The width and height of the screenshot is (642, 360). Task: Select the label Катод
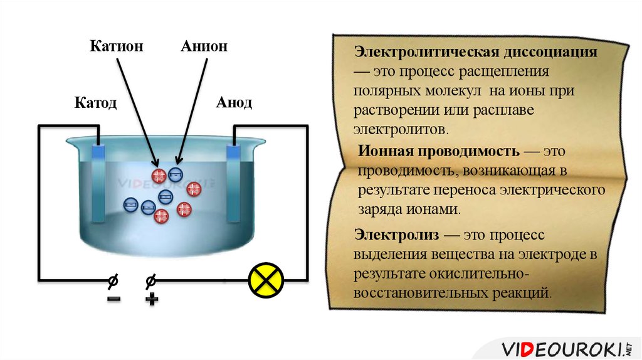click(x=96, y=102)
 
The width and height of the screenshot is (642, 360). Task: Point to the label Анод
click(x=234, y=102)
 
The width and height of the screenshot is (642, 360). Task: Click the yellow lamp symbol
click(x=266, y=279)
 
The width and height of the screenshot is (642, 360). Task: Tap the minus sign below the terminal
click(x=113, y=299)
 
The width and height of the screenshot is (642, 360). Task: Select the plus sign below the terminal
click(x=151, y=299)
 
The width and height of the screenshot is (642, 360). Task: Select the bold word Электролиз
click(x=396, y=235)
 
